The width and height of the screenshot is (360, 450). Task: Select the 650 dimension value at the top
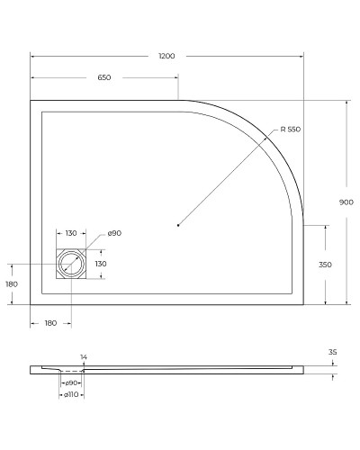pyautogui.click(x=103, y=78)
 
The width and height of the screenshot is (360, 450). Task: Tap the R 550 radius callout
pyautogui.click(x=290, y=130)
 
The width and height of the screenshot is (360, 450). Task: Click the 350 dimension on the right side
pyautogui.click(x=326, y=265)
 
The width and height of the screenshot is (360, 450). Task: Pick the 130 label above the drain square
pyautogui.click(x=70, y=234)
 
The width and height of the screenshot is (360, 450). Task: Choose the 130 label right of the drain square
pyautogui.click(x=101, y=264)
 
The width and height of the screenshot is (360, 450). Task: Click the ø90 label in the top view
pyautogui.click(x=114, y=234)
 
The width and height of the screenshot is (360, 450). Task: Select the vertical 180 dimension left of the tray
pyautogui.click(x=12, y=283)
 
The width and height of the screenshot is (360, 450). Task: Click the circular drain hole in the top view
pyautogui.click(x=70, y=264)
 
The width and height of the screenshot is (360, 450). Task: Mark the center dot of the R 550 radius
pyautogui.click(x=178, y=225)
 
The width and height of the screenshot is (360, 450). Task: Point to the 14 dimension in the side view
pyautogui.click(x=84, y=357)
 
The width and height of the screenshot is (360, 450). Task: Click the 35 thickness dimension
pyautogui.click(x=332, y=352)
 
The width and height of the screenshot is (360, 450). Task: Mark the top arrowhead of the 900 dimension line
pyautogui.click(x=346, y=102)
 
